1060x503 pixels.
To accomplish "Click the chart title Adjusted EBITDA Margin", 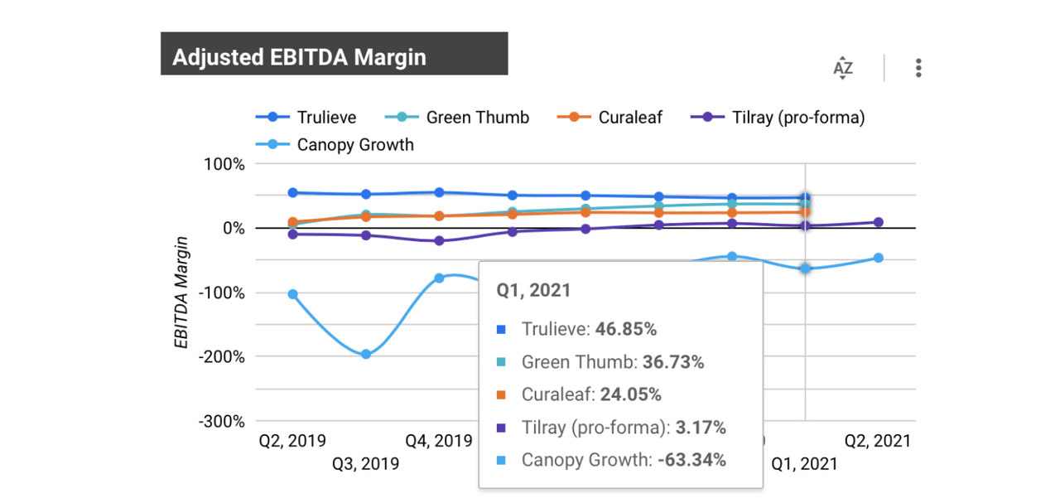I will point(299,56).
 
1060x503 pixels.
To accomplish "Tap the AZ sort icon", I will point(842,68).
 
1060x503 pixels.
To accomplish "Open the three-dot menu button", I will point(918,68).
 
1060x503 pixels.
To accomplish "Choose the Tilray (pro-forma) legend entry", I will point(797,118).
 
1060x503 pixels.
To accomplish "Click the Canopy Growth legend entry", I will point(355,145).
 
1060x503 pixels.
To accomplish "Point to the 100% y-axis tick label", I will point(224,164).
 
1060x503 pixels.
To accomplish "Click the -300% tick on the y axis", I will point(221,421).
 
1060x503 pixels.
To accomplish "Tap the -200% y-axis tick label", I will point(221,357).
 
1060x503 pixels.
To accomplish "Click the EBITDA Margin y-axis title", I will point(181,292).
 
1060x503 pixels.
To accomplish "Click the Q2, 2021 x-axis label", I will point(877,441).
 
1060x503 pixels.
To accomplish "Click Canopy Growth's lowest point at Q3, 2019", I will point(365,354).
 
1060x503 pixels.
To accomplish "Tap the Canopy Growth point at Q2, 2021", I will point(878,258).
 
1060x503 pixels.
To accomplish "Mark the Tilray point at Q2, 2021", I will point(878,222).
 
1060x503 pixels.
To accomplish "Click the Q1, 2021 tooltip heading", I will point(533,291).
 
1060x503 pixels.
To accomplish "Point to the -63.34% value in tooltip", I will point(691,460).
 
